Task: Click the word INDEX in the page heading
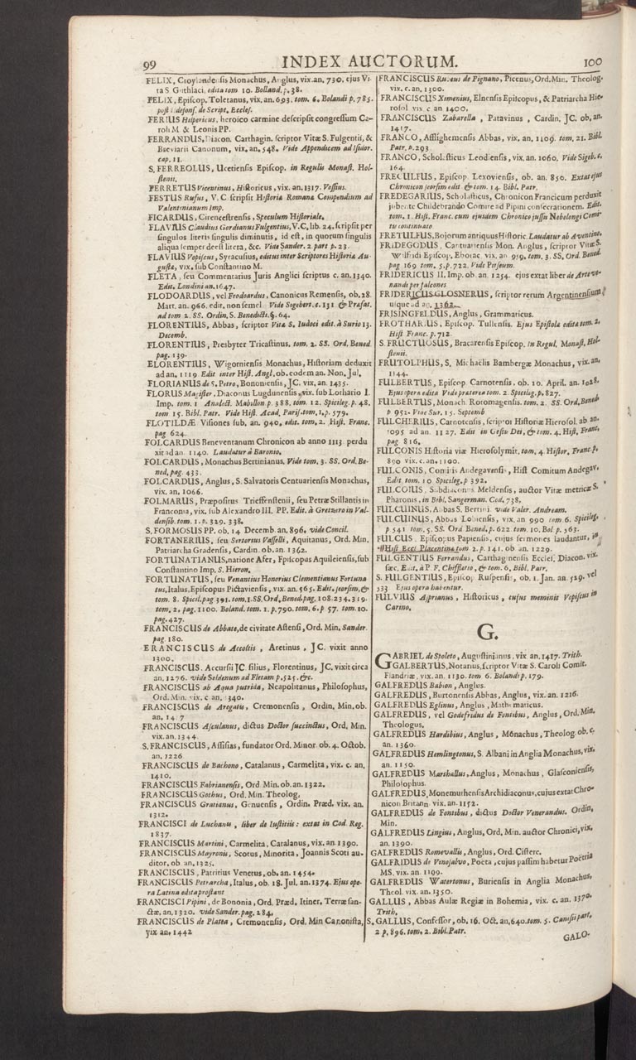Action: tap(316, 61)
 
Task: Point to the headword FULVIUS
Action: tap(400, 571)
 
